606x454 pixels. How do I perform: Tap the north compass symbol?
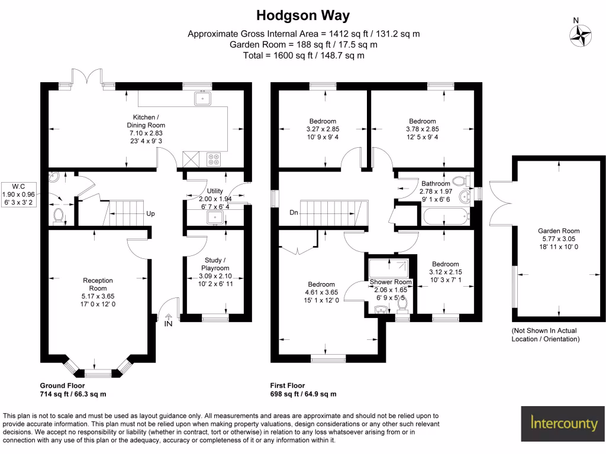pos(580,34)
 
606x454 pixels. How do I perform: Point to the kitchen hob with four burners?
pos(214,159)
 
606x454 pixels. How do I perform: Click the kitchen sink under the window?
pos(203,98)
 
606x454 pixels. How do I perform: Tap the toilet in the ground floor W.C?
pos(58,216)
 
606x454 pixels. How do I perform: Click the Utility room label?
pos(214,191)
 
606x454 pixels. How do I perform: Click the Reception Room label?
pos(98,284)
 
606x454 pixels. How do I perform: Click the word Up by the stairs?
pos(151,213)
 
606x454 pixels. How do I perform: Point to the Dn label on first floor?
pos(293,213)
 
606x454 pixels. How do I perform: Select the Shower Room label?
pos(390,282)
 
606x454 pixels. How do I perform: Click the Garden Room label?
pos(558,231)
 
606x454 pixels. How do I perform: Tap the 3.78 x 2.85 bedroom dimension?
pos(422,129)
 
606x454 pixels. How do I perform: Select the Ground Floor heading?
pos(62,385)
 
